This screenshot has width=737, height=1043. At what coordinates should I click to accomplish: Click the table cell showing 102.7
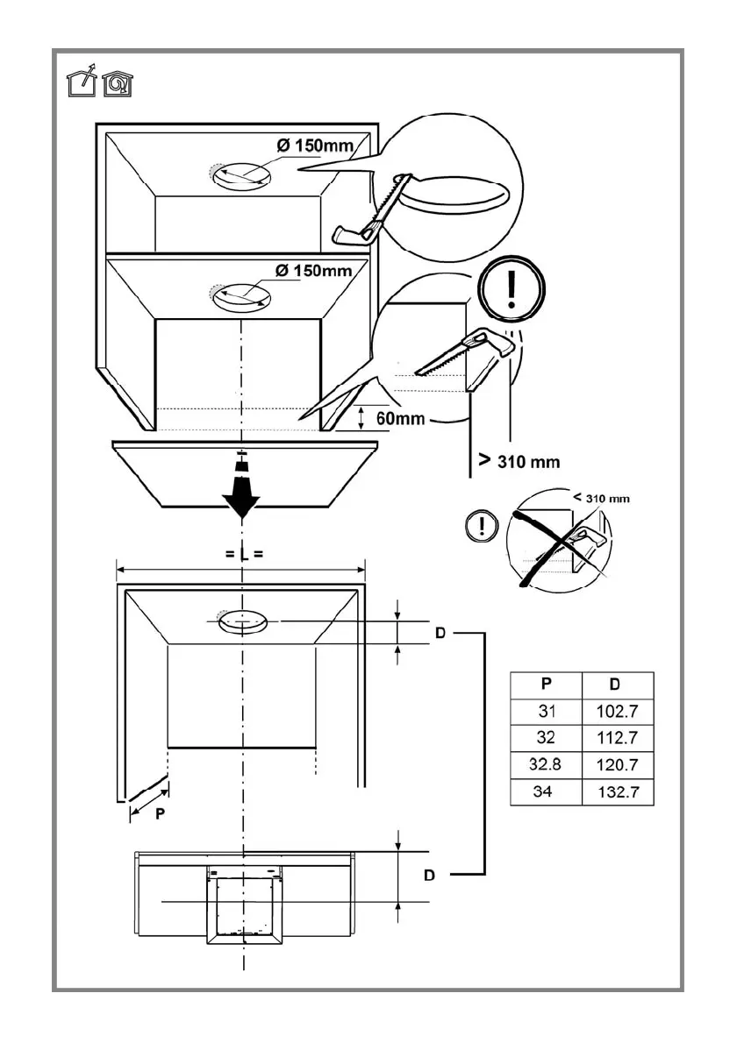618,710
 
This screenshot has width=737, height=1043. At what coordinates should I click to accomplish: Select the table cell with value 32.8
545,765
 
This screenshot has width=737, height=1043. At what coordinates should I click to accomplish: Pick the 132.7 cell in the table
618,793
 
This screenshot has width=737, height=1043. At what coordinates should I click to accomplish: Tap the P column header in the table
545,684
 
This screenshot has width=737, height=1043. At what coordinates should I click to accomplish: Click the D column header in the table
618,684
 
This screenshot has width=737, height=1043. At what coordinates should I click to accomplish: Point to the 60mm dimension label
400,418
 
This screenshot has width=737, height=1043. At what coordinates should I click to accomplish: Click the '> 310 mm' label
519,460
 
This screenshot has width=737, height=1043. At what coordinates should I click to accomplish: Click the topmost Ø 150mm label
314,145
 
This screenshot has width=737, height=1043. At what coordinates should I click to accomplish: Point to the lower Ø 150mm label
312,270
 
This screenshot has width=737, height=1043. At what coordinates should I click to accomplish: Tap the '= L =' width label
240,553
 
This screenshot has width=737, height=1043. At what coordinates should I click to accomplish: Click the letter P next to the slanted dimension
160,812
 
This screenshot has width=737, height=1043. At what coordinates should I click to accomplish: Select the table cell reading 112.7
618,737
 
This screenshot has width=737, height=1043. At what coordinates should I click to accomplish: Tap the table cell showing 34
545,793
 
